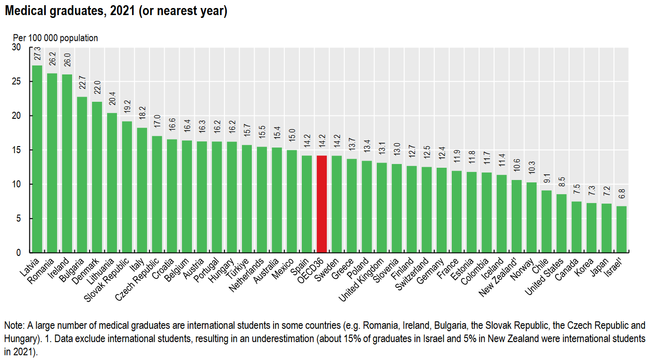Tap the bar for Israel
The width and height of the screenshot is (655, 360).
tap(622, 229)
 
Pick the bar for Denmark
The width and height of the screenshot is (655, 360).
tap(97, 177)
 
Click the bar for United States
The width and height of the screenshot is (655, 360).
tap(562, 223)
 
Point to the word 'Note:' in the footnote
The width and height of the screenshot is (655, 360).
tap(14, 326)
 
